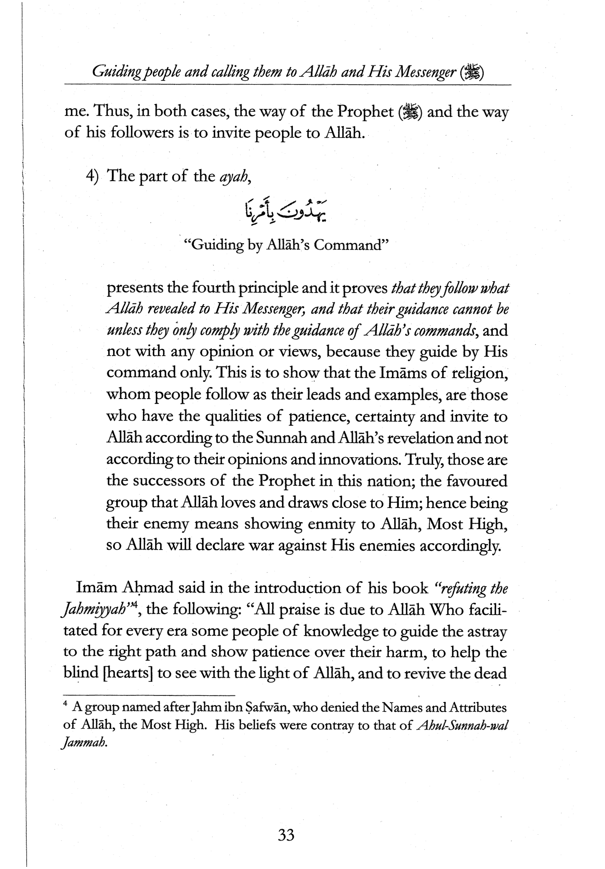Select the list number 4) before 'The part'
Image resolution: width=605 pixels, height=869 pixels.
pos(92,177)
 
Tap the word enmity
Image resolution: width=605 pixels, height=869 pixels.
pos(331,524)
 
